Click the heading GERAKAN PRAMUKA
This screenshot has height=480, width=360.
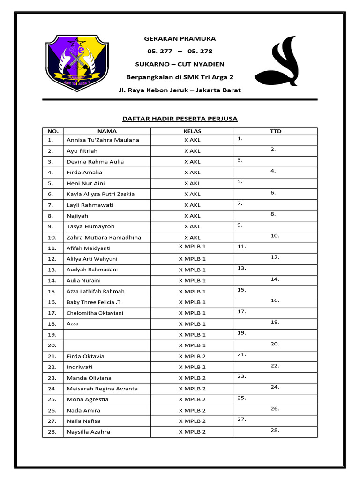[x=180, y=38]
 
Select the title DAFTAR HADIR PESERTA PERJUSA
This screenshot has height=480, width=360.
[x=180, y=119]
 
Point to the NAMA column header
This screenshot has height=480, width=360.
[x=107, y=131]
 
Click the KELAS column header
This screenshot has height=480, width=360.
[x=192, y=131]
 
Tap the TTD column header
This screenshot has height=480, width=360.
[x=276, y=131]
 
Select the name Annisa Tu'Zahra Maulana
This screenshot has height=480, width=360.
[x=103, y=140]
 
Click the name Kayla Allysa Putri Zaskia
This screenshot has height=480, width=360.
[x=100, y=194]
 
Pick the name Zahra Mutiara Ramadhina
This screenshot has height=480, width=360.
[x=104, y=237]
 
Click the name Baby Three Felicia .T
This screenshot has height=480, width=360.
[x=93, y=302]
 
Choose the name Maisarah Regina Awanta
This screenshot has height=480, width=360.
[x=102, y=389]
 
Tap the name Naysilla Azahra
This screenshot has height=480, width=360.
[x=88, y=432]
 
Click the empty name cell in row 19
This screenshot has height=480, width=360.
[x=107, y=335]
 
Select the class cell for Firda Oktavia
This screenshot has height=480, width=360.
[x=192, y=356]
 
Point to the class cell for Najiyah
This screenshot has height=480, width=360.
[x=192, y=216]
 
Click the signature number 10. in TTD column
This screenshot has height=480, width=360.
[x=275, y=236]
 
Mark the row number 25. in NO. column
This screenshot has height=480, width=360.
[x=52, y=399]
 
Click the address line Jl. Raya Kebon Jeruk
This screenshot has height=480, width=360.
[x=180, y=90]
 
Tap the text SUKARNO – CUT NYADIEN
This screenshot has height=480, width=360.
[x=180, y=64]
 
